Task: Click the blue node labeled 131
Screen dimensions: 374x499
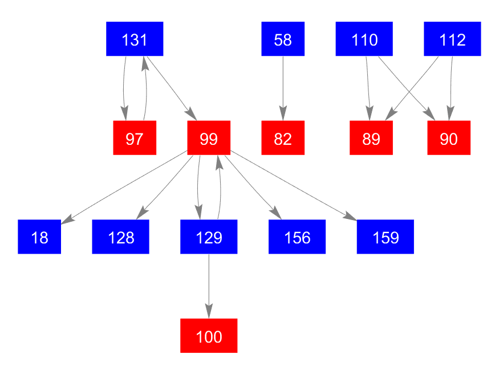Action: tap(135, 39)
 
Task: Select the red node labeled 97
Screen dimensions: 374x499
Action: tap(135, 138)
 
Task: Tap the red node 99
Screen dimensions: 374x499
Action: tap(209, 138)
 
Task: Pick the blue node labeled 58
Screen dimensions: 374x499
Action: tap(283, 39)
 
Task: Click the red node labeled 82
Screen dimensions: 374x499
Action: tap(283, 138)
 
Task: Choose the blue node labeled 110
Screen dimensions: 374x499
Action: tap(364, 39)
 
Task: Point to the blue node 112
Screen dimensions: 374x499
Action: tap(452, 39)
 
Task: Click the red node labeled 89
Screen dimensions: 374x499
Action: tap(371, 138)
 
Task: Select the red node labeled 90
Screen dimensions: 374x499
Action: tap(449, 138)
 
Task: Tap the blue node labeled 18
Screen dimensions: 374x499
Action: tap(39, 237)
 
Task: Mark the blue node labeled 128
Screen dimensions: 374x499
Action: tap(121, 237)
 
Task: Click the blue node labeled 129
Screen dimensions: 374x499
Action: tap(209, 237)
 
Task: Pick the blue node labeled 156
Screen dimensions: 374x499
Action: tap(297, 237)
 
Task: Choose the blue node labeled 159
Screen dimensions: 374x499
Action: tap(386, 237)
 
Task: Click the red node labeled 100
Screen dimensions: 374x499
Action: tap(209, 336)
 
